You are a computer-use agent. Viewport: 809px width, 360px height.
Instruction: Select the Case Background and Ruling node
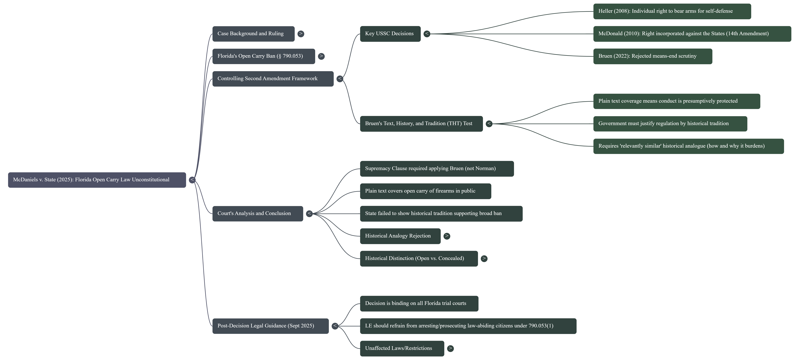(x=253, y=34)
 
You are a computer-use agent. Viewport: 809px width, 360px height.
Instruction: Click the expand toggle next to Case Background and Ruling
(x=301, y=34)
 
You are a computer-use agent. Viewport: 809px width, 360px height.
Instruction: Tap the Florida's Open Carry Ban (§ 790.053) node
(x=263, y=56)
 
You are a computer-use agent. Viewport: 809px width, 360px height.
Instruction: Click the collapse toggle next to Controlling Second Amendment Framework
(x=339, y=78)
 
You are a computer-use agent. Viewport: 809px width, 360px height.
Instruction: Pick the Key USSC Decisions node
(x=390, y=34)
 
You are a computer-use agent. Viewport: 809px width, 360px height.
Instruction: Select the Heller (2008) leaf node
(x=672, y=11)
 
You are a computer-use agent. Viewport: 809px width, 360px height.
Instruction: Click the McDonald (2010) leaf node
(x=692, y=34)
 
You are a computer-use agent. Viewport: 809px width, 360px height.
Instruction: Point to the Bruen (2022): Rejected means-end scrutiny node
(x=652, y=56)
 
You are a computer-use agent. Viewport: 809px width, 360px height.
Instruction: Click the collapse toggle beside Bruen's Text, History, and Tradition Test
(x=489, y=124)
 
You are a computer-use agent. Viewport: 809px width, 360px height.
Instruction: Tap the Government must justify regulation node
(x=670, y=124)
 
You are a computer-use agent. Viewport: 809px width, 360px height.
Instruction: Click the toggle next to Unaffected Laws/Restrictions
(x=450, y=348)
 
